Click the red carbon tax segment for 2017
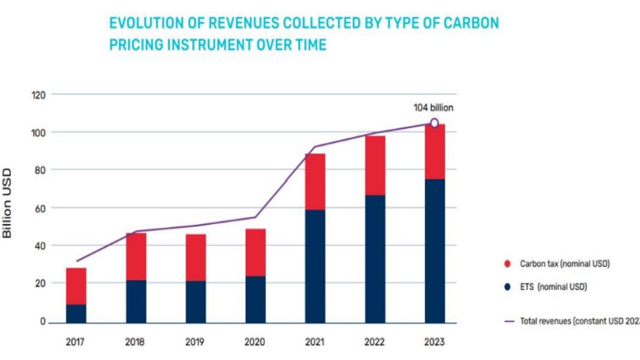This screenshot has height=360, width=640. click(x=76, y=286)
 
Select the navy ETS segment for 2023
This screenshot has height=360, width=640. click(x=435, y=251)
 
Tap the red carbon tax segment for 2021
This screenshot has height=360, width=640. click(x=315, y=182)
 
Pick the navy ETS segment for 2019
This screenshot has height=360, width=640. click(x=196, y=302)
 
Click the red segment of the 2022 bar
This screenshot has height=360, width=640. click(x=375, y=165)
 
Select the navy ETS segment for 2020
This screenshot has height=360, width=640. click(x=255, y=299)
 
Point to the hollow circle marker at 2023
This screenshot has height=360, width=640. click(x=434, y=123)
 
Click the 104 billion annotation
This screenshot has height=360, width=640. click(x=433, y=108)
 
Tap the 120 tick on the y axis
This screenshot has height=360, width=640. click(x=38, y=95)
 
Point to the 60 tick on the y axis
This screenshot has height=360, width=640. click(x=40, y=209)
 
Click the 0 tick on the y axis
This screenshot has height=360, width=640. click(x=43, y=321)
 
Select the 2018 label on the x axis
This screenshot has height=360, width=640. click(x=135, y=342)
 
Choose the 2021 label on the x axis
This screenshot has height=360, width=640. click(x=314, y=342)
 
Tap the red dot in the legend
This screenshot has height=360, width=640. click(x=507, y=264)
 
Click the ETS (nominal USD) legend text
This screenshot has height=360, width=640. click(x=553, y=287)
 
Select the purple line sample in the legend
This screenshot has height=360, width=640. click(x=509, y=322)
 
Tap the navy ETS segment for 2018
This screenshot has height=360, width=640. click(x=136, y=301)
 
